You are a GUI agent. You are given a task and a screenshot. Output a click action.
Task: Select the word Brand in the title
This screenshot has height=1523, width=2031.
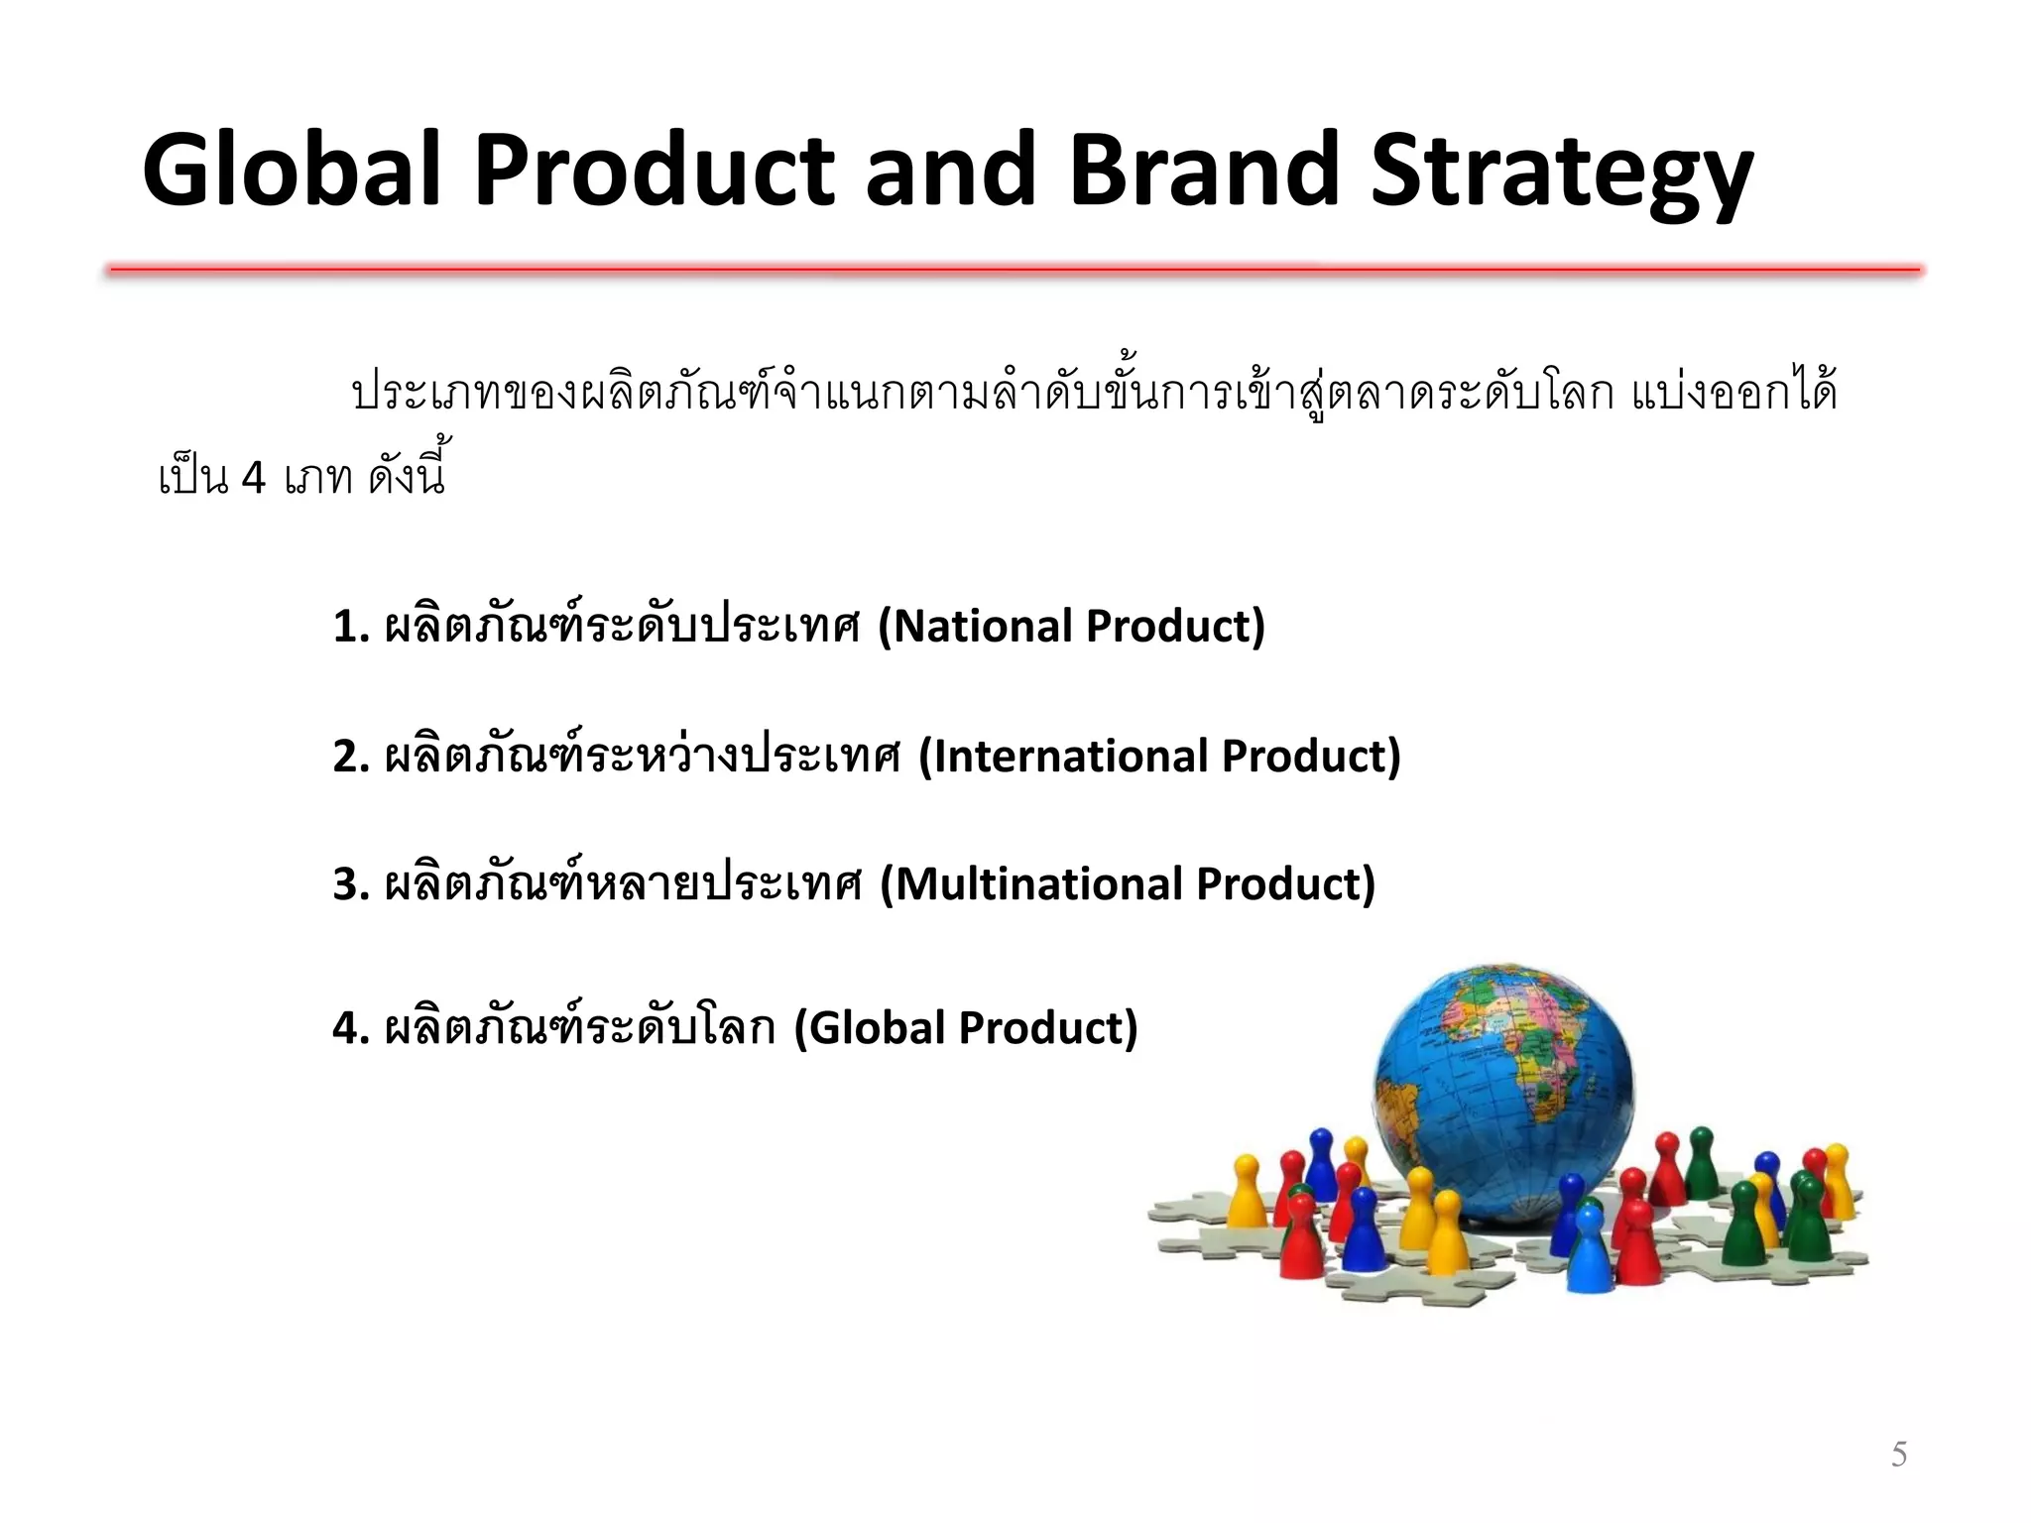tap(1203, 171)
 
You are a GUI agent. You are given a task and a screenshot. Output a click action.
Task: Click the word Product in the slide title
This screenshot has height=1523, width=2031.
tap(655, 171)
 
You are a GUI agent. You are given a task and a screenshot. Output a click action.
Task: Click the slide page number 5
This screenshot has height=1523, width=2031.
tap(1898, 1454)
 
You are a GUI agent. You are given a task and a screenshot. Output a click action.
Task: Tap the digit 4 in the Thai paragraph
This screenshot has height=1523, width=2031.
tap(253, 479)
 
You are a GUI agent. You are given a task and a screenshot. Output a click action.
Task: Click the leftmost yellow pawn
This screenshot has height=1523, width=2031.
tap(1247, 1190)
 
